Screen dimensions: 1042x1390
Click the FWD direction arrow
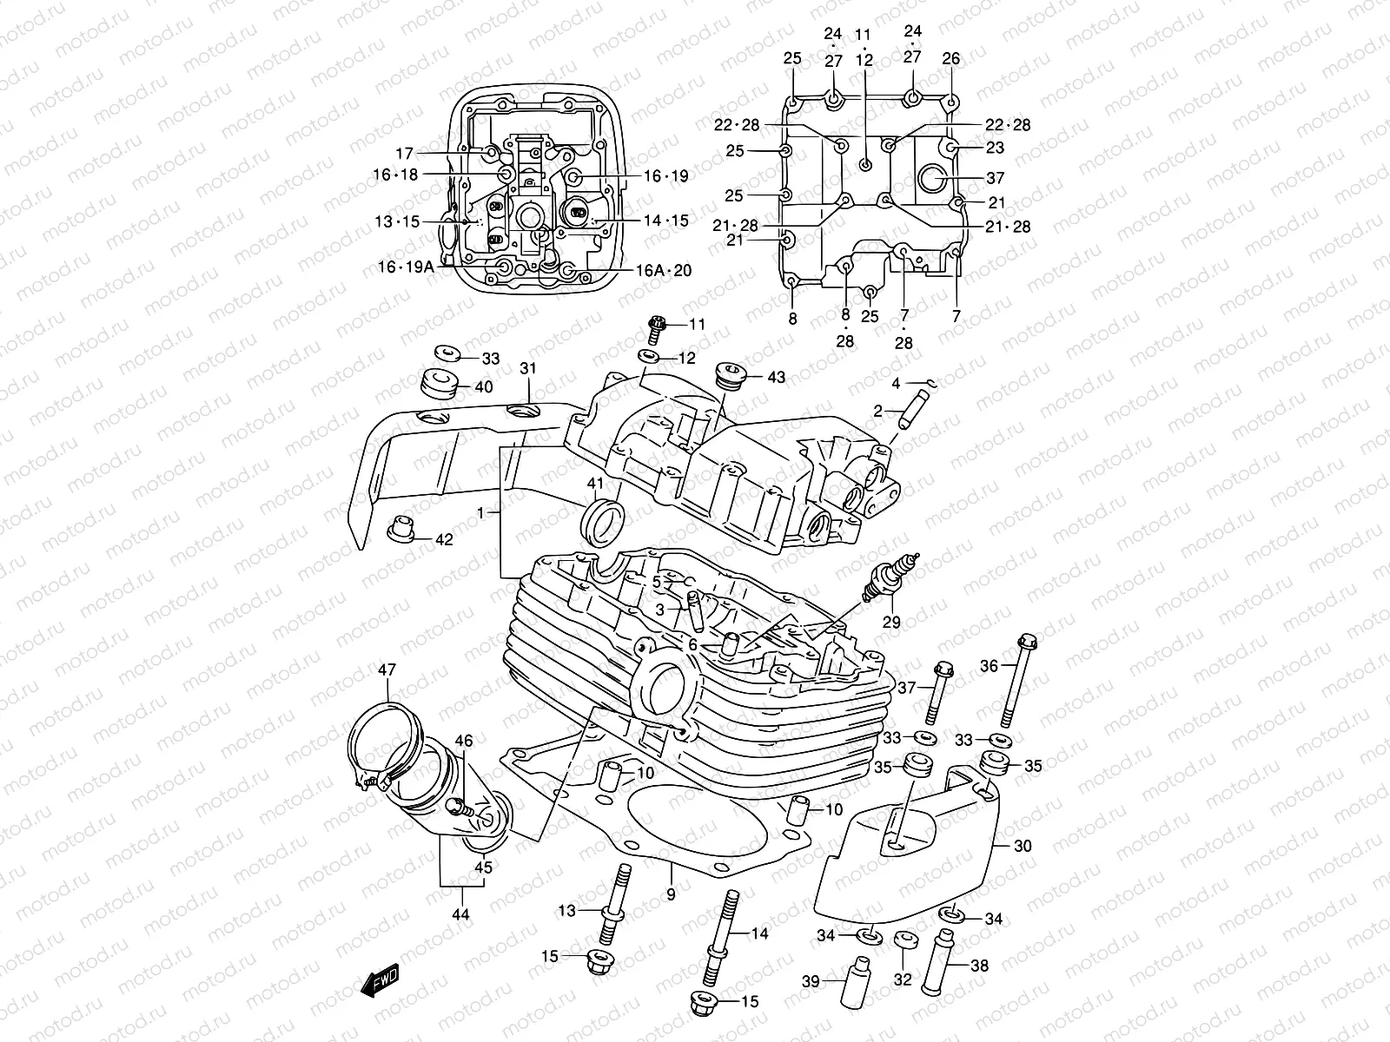[x=379, y=982]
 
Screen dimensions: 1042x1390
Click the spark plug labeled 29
[x=887, y=577]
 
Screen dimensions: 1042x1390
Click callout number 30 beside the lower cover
[x=1023, y=845]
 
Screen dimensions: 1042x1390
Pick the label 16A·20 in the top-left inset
[x=663, y=270]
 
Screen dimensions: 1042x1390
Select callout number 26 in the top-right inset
[x=951, y=59]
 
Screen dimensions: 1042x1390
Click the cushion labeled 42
[x=399, y=531]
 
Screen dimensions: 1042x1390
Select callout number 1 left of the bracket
[x=480, y=513]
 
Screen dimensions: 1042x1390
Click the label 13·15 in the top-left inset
[x=397, y=221]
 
